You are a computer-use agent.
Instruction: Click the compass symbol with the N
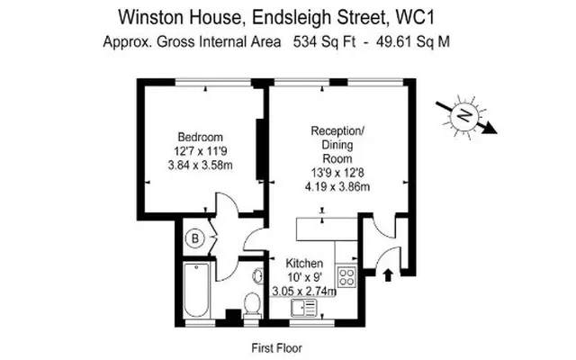464,116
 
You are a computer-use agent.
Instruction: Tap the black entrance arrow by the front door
389,274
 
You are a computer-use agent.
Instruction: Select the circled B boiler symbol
193,238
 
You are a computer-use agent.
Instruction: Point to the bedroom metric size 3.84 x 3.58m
200,166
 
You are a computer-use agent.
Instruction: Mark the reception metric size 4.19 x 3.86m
337,186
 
